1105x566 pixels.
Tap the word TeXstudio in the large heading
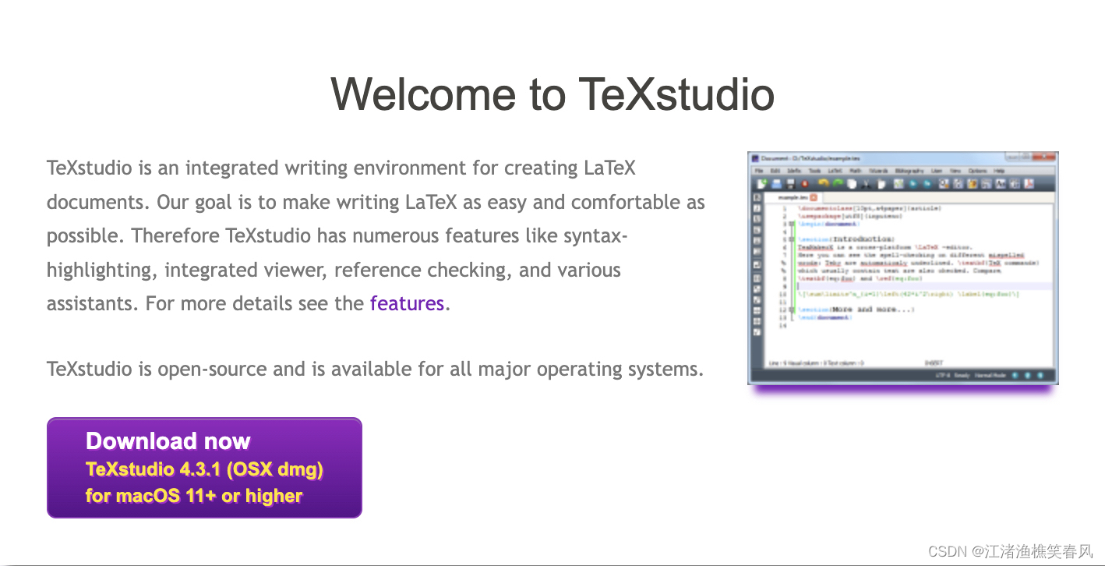tap(676, 94)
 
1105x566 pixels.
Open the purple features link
tap(407, 303)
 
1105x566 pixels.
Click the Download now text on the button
tap(168, 441)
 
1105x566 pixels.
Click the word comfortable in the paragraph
tap(628, 203)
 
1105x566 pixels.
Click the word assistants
tap(93, 303)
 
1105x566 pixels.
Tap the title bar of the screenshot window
tap(896, 158)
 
